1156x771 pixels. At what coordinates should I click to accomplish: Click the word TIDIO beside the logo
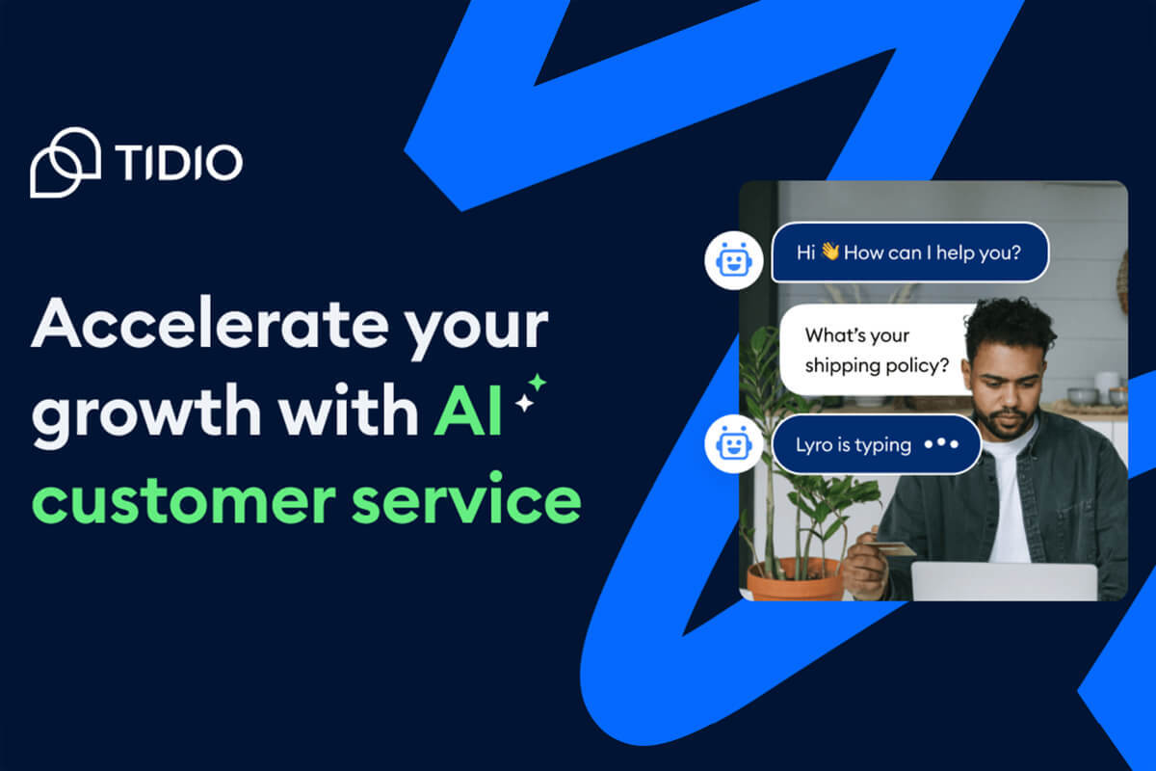[178, 162]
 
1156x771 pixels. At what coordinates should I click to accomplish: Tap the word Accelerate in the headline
[210, 323]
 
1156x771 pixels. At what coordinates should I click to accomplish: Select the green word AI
[467, 412]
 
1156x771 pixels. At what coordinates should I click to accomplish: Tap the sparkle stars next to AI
[531, 393]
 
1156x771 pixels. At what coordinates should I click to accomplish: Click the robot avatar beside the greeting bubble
[734, 260]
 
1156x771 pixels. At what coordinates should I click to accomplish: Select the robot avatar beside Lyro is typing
[734, 444]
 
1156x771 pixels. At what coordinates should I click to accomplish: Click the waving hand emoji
[830, 251]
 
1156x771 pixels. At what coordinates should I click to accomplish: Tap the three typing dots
[941, 443]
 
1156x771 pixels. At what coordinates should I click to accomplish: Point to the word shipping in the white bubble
[842, 366]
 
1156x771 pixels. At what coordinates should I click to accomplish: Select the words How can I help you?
[933, 253]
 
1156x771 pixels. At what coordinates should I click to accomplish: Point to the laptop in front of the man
[1005, 581]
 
